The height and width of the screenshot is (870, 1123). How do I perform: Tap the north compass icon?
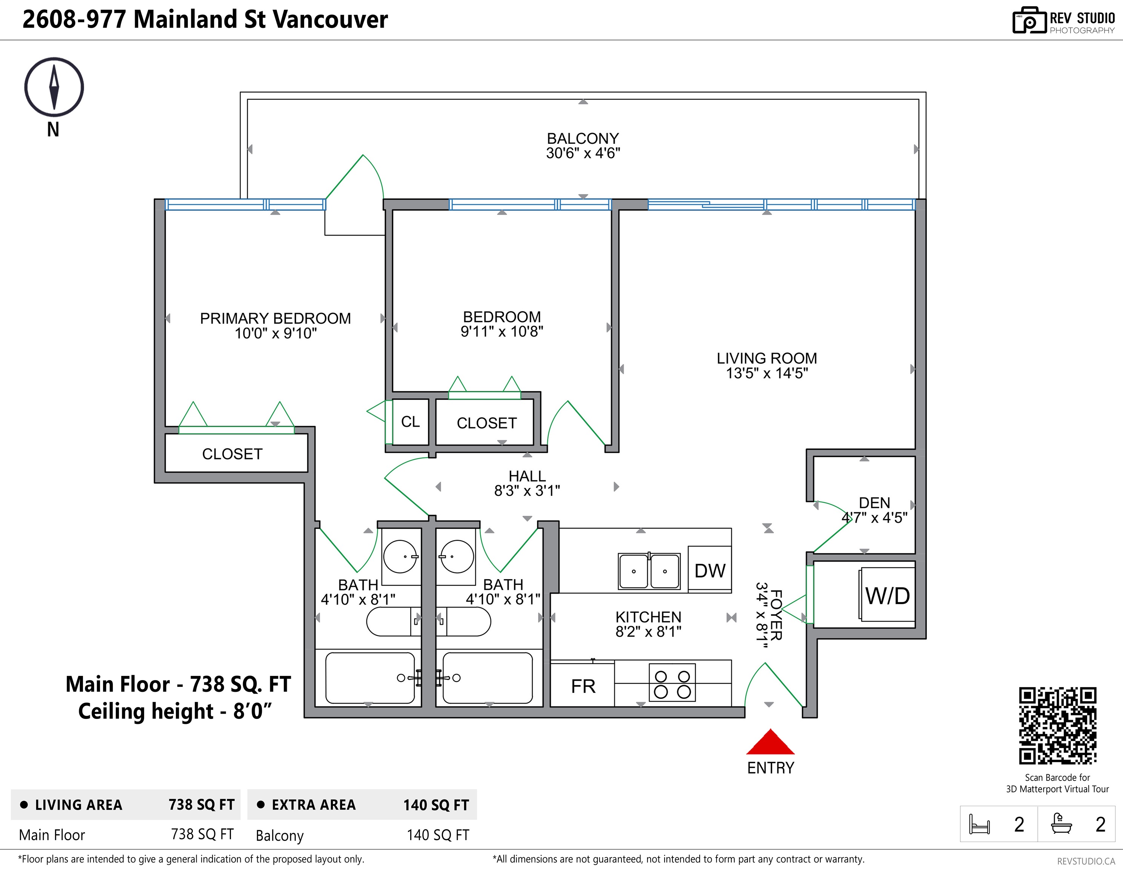click(54, 86)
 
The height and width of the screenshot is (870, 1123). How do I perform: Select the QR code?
click(1058, 725)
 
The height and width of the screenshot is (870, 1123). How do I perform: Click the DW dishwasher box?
click(709, 569)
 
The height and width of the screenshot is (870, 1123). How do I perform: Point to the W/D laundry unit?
click(887, 595)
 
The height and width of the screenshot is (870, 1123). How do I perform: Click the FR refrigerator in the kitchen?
click(583, 685)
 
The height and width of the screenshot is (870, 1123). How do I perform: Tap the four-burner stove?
click(672, 683)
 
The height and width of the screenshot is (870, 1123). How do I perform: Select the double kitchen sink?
click(649, 571)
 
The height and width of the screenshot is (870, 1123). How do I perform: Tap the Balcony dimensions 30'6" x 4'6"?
click(583, 153)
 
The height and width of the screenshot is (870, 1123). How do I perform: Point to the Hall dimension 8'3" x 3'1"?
click(527, 491)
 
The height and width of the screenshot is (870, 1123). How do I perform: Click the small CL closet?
click(410, 422)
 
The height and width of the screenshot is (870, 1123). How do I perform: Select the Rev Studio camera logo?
click(1029, 20)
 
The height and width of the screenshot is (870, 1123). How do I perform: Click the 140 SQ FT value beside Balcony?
click(438, 835)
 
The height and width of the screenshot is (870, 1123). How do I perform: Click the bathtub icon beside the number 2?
click(1061, 823)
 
